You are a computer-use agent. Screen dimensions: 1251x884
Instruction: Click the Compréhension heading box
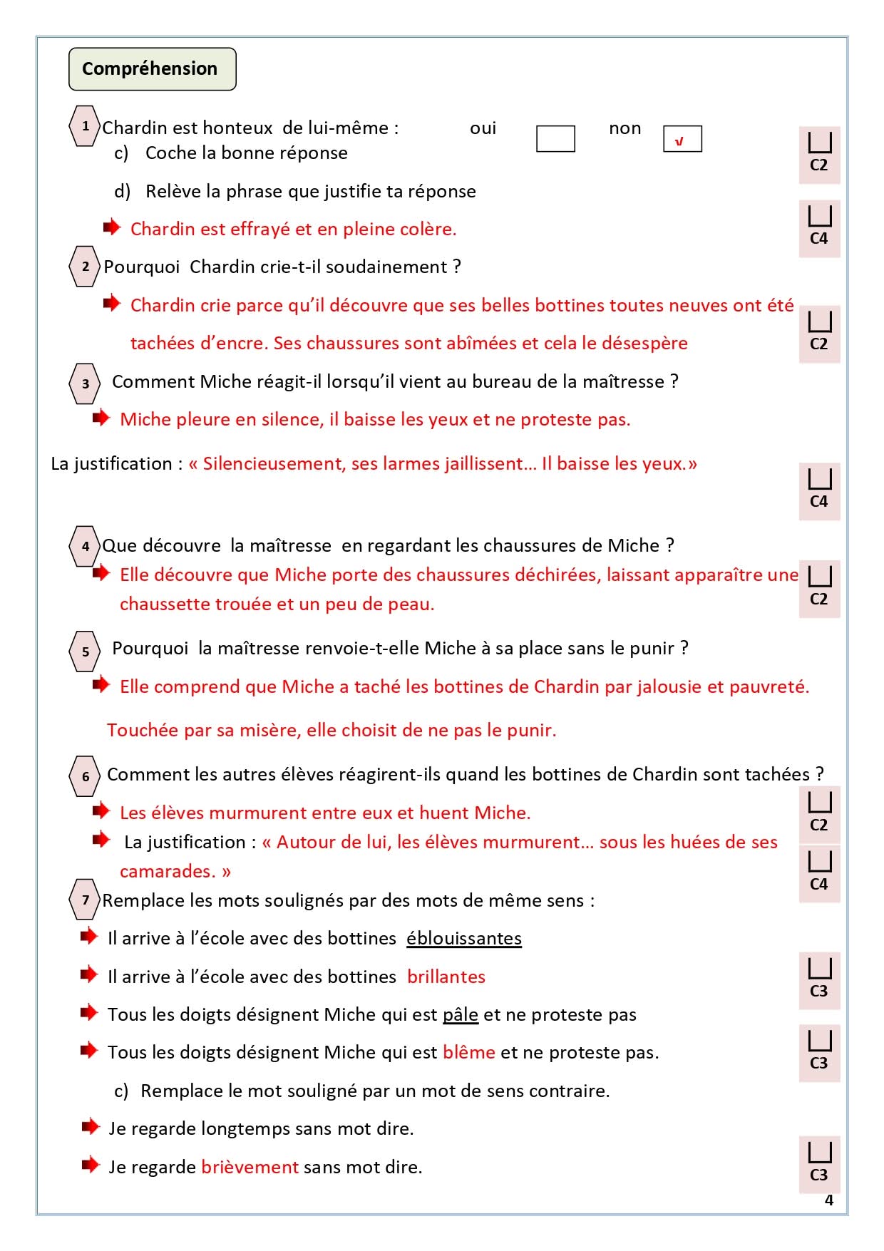point(152,69)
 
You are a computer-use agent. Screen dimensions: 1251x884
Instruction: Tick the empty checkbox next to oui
point(555,139)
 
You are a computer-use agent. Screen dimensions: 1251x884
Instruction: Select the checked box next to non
point(682,139)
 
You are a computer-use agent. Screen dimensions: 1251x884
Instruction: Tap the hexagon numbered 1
point(85,126)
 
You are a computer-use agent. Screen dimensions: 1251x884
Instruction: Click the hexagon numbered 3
point(85,383)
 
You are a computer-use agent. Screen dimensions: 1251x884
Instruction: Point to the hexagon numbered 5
point(85,651)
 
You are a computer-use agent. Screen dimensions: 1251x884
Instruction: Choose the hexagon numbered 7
point(85,900)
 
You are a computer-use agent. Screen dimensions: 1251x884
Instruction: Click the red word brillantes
point(446,977)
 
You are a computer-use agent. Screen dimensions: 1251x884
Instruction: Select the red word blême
point(468,1052)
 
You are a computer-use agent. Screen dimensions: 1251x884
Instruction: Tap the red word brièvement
point(250,1167)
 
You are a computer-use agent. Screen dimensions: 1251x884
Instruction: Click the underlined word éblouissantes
point(464,938)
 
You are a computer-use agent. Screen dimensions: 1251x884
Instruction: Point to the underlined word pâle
point(460,1014)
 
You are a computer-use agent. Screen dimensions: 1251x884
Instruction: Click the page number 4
point(828,1200)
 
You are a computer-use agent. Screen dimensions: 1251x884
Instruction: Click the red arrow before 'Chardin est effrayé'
point(112,227)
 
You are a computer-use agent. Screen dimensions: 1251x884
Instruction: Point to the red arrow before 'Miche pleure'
point(101,418)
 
